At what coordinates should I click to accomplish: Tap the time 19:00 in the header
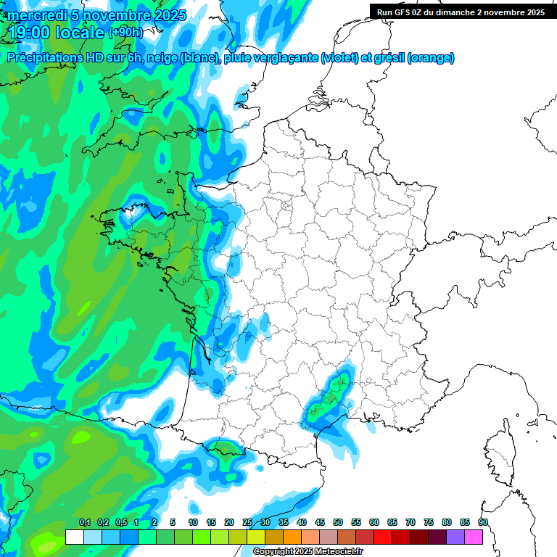[30, 33]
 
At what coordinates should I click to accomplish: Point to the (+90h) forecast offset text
[125, 33]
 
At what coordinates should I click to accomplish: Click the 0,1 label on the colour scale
[85, 523]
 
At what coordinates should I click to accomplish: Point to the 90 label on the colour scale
[482, 523]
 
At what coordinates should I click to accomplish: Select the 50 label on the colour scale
[338, 523]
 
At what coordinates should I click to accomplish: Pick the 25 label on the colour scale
[247, 523]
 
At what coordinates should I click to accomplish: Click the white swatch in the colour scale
[74, 537]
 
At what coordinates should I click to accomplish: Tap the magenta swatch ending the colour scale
[473, 537]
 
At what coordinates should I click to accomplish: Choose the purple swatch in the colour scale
[455, 537]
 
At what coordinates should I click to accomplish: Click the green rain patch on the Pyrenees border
[223, 447]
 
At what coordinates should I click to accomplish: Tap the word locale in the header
[80, 33]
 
